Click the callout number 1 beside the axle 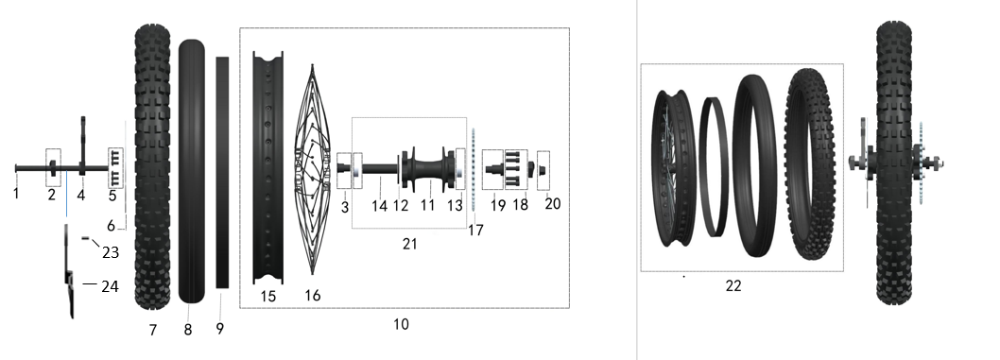pyautogui.click(x=16, y=193)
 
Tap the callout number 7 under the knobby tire pyautogui.click(x=153, y=330)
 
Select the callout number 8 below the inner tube pyautogui.click(x=187, y=330)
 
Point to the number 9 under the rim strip pyautogui.click(x=220, y=329)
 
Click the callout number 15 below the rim pyautogui.click(x=267, y=297)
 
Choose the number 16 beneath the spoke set pyautogui.click(x=313, y=296)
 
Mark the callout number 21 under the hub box pyautogui.click(x=409, y=244)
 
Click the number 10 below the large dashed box pyautogui.click(x=401, y=324)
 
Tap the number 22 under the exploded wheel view pyautogui.click(x=733, y=286)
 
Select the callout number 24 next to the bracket pyautogui.click(x=111, y=286)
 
